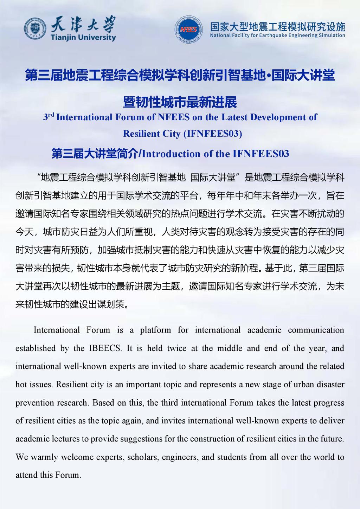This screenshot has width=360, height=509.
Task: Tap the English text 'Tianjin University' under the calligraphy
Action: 83,37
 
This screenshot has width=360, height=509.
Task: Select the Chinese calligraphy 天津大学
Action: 83,24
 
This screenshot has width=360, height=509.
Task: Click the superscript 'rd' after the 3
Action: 51,114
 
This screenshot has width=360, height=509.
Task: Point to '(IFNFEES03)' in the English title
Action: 213,134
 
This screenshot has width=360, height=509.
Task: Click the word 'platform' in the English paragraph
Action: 155,330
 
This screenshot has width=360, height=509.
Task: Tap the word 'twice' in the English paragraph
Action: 176,348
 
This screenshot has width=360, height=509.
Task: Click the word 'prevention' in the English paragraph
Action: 33,403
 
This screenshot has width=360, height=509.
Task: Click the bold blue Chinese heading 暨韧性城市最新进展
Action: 180,102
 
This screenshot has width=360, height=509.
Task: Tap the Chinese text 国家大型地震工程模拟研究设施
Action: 277,26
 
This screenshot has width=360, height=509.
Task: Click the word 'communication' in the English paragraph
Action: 316,330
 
